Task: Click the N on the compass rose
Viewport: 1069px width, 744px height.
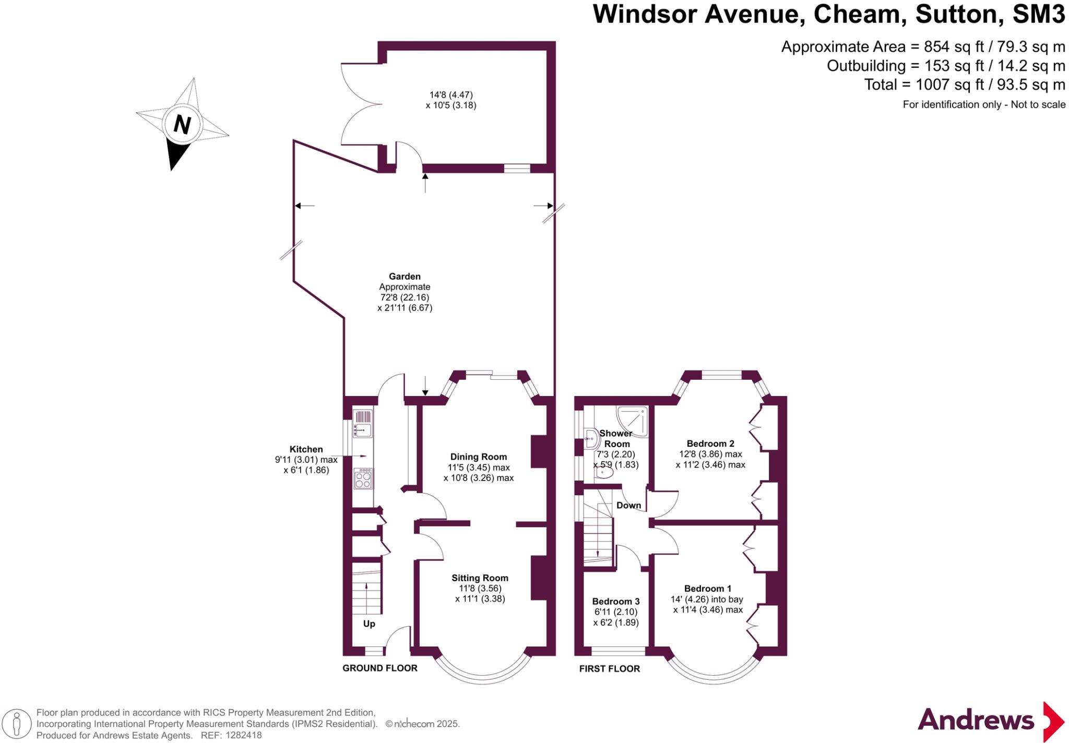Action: (182, 125)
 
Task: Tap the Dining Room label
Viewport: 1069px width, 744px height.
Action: (479, 457)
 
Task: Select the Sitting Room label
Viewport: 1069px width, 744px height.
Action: (480, 578)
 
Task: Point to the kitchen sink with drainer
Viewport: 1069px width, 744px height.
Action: (363, 424)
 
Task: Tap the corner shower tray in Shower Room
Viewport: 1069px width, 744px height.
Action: (633, 421)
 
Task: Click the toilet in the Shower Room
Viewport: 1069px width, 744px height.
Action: (604, 472)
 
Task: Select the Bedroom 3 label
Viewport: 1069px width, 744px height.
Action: (615, 601)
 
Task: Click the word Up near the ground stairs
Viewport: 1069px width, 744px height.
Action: (369, 624)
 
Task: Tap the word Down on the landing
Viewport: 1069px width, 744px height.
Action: (628, 505)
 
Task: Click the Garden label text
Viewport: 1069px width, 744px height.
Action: (405, 277)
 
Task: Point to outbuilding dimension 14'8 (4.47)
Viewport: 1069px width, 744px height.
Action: (451, 95)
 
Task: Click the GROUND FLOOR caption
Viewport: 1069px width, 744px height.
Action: (379, 668)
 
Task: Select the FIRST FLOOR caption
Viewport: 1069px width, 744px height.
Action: (609, 668)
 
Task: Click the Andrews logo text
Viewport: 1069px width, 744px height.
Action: (976, 720)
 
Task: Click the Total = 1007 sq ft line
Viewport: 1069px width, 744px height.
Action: (964, 85)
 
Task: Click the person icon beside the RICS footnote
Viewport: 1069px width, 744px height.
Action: (17, 724)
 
